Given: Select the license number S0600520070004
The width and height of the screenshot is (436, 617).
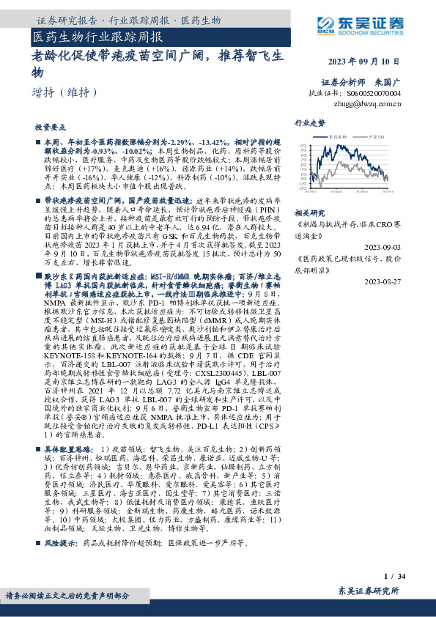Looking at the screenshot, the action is click(x=374, y=94).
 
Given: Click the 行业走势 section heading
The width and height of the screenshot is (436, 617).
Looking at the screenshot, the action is click(x=309, y=123).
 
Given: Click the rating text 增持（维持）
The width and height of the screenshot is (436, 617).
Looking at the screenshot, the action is click(x=65, y=93).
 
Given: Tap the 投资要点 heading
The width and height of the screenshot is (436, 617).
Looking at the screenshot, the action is click(x=51, y=126).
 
